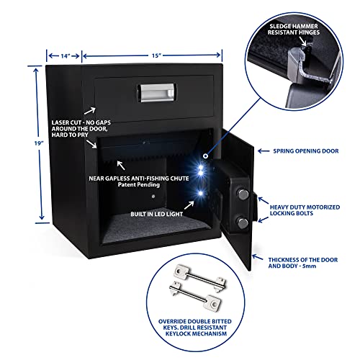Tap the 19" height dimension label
25,143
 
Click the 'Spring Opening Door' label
305,152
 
